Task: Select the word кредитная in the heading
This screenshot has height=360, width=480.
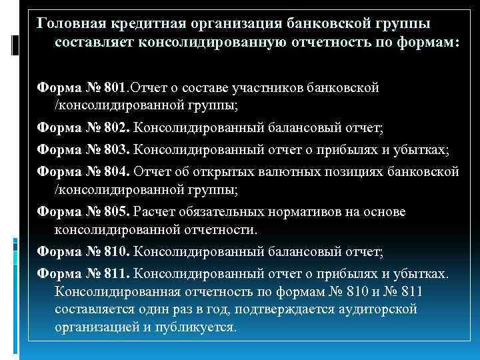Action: click(x=144, y=23)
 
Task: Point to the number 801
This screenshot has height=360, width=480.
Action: click(x=117, y=87)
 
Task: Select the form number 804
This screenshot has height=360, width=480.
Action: click(x=117, y=172)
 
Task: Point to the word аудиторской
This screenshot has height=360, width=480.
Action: click(x=379, y=309)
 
